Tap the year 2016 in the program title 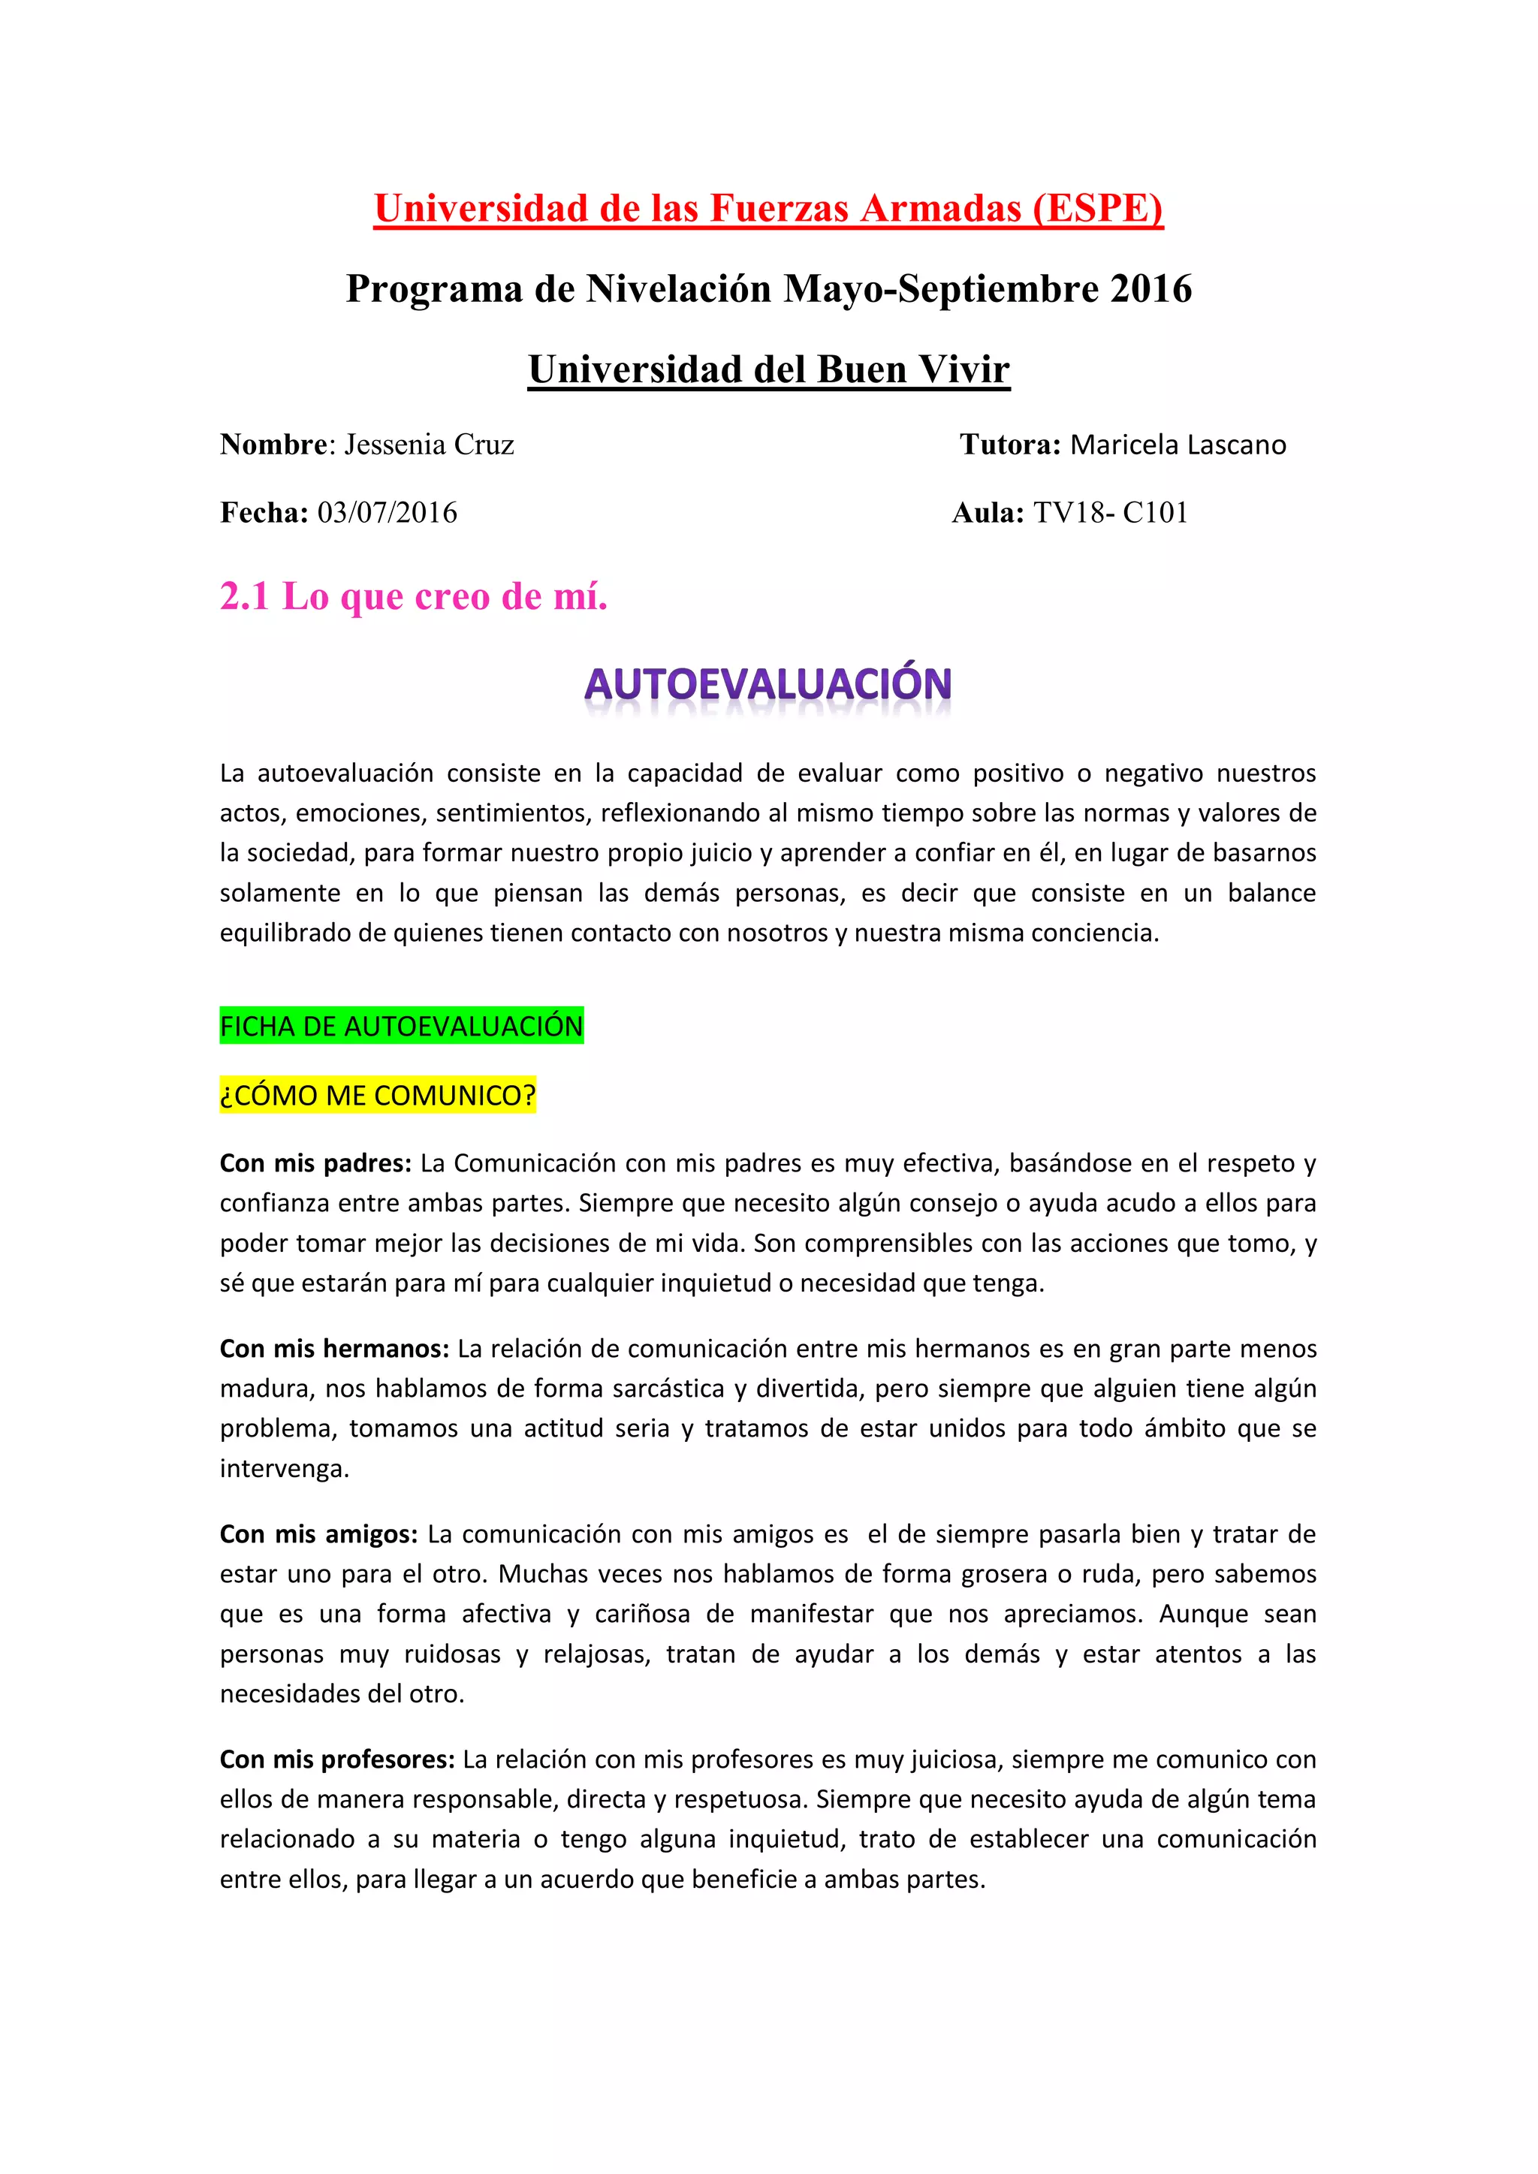pyautogui.click(x=1150, y=289)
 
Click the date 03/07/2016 pyautogui.click(x=388, y=513)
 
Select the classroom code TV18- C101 pyautogui.click(x=1110, y=513)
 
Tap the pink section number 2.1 pyautogui.click(x=244, y=596)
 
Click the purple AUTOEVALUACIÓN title pyautogui.click(x=768, y=683)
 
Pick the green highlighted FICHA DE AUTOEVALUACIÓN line pyautogui.click(x=402, y=1026)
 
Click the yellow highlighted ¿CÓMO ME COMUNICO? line pyautogui.click(x=378, y=1095)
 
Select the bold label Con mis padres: pyautogui.click(x=315, y=1162)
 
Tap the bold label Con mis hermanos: pyautogui.click(x=334, y=1349)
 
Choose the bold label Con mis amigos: pyautogui.click(x=319, y=1534)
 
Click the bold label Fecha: pyautogui.click(x=264, y=513)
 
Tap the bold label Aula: pyautogui.click(x=988, y=513)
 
